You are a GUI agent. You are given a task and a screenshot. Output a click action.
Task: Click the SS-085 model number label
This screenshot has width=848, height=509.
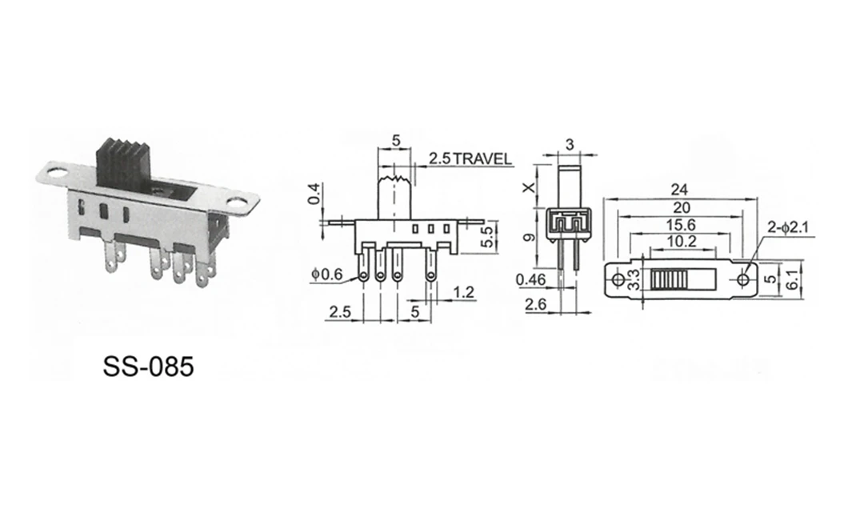[x=148, y=367]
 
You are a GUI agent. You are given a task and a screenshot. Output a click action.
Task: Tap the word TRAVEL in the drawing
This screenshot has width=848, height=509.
[x=482, y=159]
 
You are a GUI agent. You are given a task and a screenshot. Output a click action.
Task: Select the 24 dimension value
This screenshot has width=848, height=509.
[x=679, y=190]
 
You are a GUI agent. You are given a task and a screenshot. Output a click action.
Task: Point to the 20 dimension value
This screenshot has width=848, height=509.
[x=682, y=207]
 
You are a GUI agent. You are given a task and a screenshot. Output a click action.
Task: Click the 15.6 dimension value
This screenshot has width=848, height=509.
[x=681, y=224]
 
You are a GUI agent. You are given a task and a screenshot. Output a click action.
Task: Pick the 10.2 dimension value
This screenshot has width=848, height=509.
[x=682, y=241]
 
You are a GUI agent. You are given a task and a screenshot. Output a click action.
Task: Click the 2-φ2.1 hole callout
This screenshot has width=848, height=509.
[x=787, y=228]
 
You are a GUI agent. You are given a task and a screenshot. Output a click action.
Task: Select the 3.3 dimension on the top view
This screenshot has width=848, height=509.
[x=634, y=279]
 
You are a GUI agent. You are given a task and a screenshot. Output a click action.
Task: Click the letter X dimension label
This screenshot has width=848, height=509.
[x=529, y=187]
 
